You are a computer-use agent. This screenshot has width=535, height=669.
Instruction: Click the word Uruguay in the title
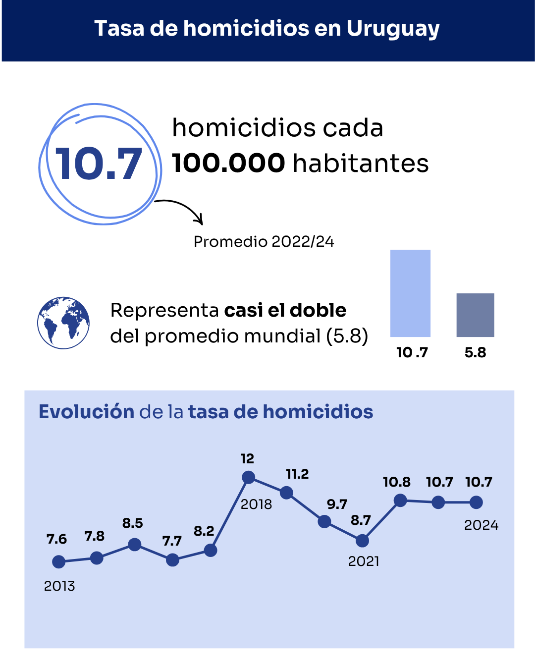pyautogui.click(x=393, y=29)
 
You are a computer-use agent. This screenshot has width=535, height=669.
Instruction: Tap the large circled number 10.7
pyautogui.click(x=99, y=164)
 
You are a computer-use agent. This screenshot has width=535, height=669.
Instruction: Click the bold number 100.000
pyautogui.click(x=228, y=163)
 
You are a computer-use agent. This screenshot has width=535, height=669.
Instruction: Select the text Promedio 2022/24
pyautogui.click(x=264, y=242)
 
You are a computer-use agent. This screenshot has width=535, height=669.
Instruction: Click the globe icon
pyautogui.click(x=63, y=323)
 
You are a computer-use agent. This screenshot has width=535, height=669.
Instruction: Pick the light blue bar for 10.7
pyautogui.click(x=410, y=293)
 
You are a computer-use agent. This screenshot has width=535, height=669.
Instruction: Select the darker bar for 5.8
pyautogui.click(x=475, y=315)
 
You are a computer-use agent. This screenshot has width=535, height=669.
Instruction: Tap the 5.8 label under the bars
pyautogui.click(x=475, y=353)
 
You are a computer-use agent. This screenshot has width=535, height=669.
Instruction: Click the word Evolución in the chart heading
pyautogui.click(x=87, y=412)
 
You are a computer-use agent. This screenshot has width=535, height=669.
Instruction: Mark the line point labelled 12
pyautogui.click(x=248, y=477)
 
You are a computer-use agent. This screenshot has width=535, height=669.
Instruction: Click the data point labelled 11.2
pyautogui.click(x=286, y=493)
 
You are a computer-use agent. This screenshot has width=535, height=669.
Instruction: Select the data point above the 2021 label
pyautogui.click(x=362, y=541)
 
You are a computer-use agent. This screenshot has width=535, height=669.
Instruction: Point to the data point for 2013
pyautogui.click(x=58, y=562)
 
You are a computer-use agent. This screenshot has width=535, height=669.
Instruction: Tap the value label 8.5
pyautogui.click(x=132, y=523)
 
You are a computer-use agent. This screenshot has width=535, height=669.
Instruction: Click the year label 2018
pyautogui.click(x=256, y=504)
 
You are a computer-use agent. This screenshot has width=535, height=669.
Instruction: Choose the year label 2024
pyautogui.click(x=481, y=525)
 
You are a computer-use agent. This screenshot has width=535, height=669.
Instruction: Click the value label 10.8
pyautogui.click(x=396, y=482)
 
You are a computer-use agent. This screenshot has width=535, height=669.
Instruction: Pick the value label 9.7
pyautogui.click(x=337, y=504)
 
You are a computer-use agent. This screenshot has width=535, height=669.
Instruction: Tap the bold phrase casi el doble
pyautogui.click(x=285, y=310)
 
